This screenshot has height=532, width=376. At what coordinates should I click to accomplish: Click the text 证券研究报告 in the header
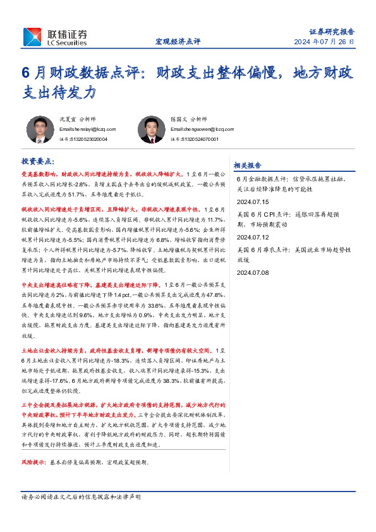click(x=331, y=31)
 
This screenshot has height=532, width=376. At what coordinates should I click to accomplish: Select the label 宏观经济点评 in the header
click(x=178, y=42)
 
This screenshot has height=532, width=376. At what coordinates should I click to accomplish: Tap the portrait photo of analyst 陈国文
click(x=151, y=130)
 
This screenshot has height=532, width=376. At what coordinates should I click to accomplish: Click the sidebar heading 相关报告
click(x=247, y=166)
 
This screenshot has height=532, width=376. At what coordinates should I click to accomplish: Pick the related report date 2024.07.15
click(x=253, y=202)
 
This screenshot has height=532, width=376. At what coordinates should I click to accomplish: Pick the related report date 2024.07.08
click(x=253, y=272)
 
